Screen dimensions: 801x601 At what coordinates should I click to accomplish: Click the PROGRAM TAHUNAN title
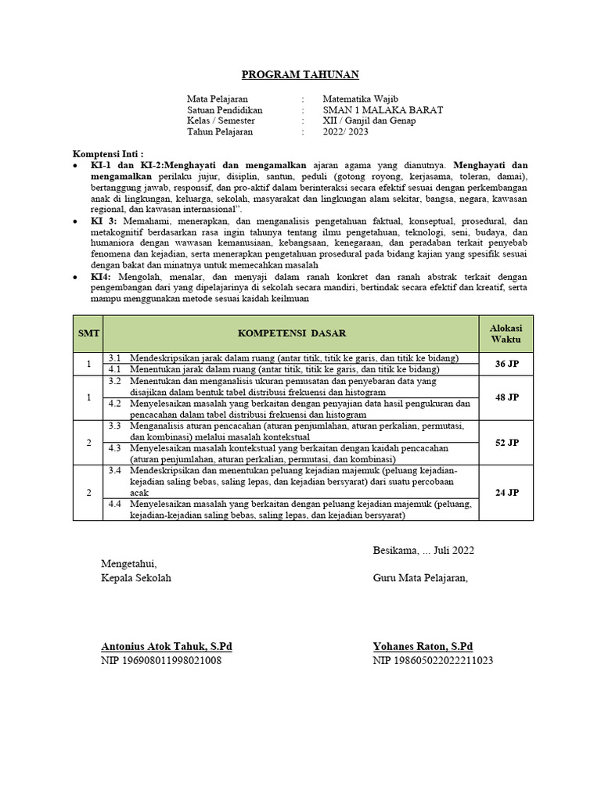pos(300,75)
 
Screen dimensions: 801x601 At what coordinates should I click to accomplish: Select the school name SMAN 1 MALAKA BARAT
pos(383,110)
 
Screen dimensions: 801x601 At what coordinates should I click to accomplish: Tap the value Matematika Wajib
pos(360,99)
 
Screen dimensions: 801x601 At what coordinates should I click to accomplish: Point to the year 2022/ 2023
pos(345,132)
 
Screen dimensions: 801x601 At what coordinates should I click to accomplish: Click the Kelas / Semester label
pos(221,121)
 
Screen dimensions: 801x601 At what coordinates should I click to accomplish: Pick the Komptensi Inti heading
pos(108,154)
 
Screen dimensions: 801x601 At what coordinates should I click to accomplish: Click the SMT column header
pos(88,333)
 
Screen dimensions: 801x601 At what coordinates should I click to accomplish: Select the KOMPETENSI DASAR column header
pos(291,333)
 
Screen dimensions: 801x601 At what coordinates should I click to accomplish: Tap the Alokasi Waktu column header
pos(506,333)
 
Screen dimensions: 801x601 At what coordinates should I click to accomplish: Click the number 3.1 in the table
pos(115,357)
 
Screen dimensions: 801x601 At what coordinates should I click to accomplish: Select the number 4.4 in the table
pos(115,505)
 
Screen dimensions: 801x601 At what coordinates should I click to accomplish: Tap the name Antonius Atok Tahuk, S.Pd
pos(167,647)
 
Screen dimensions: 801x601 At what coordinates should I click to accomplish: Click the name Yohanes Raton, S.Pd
pos(423,647)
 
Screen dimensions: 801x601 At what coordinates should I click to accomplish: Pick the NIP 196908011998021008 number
pos(161,661)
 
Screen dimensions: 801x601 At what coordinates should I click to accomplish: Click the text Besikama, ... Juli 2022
pos(423,551)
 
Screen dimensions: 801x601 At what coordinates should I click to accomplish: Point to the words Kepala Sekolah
pos(135,578)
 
